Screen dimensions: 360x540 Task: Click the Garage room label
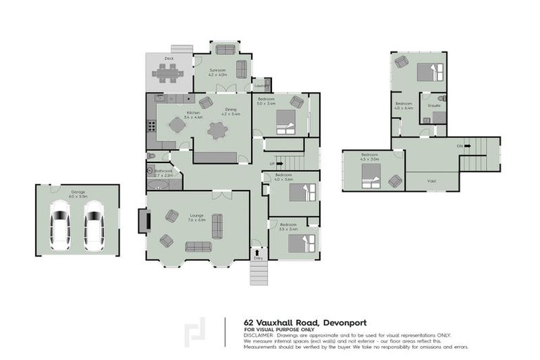point(77,191)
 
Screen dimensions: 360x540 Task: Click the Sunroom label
point(217,70)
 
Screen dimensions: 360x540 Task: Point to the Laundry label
point(261,86)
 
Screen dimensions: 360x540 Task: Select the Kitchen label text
point(193,113)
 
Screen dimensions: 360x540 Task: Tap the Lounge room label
point(196,218)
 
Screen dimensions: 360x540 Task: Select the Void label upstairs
point(431,181)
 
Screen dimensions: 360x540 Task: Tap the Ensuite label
point(434,105)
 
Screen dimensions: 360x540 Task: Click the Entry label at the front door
point(258,258)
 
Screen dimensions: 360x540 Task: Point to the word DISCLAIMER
point(261,335)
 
